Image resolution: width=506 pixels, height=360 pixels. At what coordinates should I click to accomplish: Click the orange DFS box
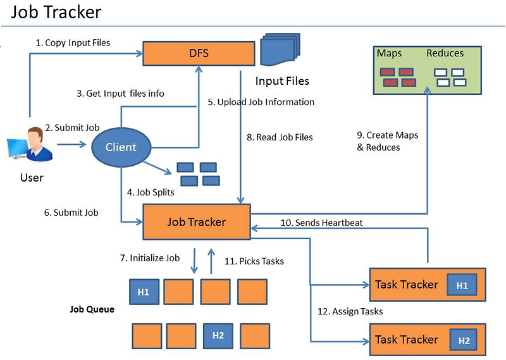pos(197,53)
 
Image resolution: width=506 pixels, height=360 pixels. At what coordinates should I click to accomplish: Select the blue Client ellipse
pos(121,147)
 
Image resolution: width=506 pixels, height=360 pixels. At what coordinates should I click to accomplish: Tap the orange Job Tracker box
pos(197,221)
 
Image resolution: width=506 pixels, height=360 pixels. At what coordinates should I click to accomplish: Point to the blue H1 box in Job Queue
pos(144,292)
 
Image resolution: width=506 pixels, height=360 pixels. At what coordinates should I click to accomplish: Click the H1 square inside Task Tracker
pos(462,285)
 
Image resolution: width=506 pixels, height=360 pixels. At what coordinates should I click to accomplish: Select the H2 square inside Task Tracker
pos(464,340)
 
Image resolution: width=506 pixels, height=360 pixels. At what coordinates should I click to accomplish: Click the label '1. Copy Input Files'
pos(73,43)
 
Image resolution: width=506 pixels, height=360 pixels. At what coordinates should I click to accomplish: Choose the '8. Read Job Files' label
pos(280,137)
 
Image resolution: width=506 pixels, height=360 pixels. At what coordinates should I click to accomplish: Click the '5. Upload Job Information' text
pos(261,102)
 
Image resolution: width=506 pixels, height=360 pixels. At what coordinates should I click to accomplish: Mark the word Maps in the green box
pos(389,53)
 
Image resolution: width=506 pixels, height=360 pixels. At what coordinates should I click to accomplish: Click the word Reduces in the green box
pos(445,53)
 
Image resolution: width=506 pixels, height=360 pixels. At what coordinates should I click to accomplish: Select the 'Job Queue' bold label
pos(92,309)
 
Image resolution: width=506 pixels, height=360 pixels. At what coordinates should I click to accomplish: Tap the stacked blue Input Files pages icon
pos(279,51)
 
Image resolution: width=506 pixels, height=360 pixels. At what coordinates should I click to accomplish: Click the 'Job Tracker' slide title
pos(56,13)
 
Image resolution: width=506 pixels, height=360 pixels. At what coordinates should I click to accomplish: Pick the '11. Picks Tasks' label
pos(254,261)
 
